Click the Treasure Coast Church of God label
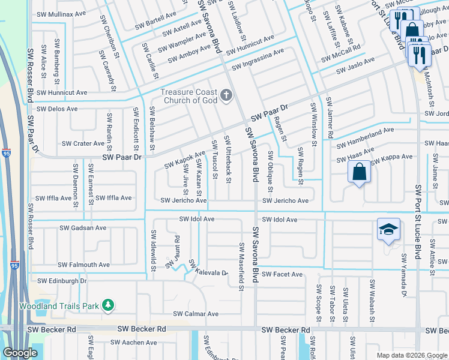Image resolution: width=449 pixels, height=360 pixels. click(188, 96)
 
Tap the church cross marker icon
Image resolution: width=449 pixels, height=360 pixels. click(226, 96)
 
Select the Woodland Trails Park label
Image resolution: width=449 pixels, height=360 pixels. click(50, 306)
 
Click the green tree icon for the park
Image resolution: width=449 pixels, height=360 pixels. click(108, 305)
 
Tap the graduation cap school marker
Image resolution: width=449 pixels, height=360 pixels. click(388, 230)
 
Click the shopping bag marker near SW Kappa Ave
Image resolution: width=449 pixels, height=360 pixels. click(359, 172)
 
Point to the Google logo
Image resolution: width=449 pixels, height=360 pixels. click(20, 353)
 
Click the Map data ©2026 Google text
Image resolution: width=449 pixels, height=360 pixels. click(411, 355)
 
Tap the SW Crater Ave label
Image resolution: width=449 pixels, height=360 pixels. click(84, 143)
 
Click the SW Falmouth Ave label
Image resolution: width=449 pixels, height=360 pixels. click(84, 265)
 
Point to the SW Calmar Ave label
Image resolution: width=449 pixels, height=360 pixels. click(196, 314)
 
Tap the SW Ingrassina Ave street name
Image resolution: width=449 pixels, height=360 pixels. click(258, 59)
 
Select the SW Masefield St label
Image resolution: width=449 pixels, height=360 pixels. click(241, 267)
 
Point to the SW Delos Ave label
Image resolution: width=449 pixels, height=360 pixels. click(57, 109)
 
